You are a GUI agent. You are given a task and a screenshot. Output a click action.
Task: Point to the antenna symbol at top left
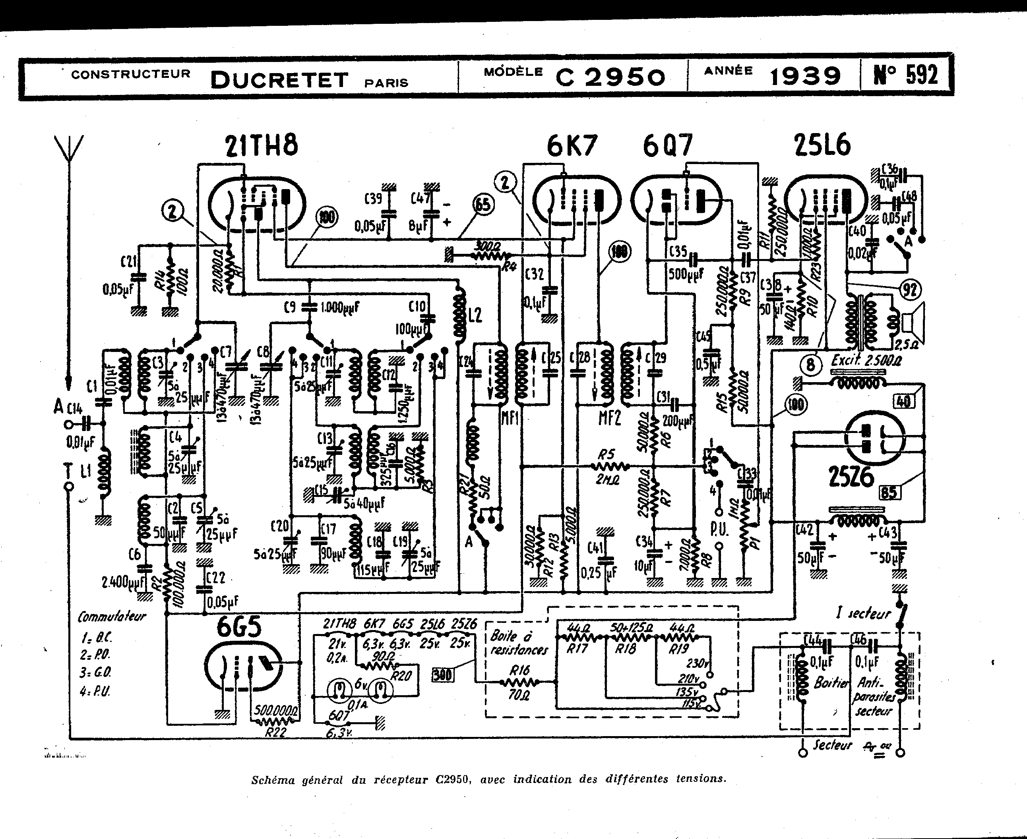[69, 150]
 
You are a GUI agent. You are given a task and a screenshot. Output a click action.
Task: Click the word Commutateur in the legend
[112, 617]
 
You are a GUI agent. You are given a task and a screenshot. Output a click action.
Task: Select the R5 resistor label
[607, 454]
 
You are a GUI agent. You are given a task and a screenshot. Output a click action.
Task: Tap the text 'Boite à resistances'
[518, 643]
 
